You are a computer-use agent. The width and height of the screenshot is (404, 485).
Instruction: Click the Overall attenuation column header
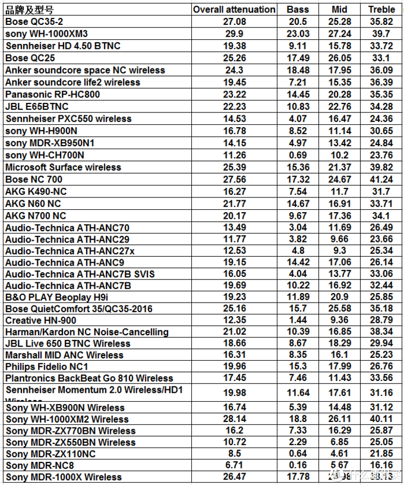pos(234,10)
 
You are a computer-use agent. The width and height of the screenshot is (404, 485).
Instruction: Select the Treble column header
pos(381,10)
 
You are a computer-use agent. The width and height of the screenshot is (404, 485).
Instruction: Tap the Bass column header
pos(298,10)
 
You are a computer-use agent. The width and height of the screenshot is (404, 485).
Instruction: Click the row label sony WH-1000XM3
pos(46,34)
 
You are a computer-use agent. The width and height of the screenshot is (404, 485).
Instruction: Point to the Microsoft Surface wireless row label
pos(63,167)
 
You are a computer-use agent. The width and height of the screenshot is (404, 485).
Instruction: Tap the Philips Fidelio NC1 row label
pos(47,367)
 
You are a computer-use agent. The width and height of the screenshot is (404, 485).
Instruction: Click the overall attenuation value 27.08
pos(233,22)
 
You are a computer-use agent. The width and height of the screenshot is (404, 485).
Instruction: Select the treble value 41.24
pos(381,179)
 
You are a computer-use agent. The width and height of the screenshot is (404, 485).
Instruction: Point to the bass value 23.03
pos(298,34)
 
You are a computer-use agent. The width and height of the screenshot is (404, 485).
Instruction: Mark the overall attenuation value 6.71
pos(233,465)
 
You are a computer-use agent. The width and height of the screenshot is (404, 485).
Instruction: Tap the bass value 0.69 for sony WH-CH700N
pos(298,155)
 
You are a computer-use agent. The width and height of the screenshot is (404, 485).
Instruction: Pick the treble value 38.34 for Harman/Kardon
pos(381,332)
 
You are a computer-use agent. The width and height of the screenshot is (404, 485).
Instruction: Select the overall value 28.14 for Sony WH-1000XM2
pos(233,419)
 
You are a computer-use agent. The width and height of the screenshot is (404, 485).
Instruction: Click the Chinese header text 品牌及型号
pos(29,10)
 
